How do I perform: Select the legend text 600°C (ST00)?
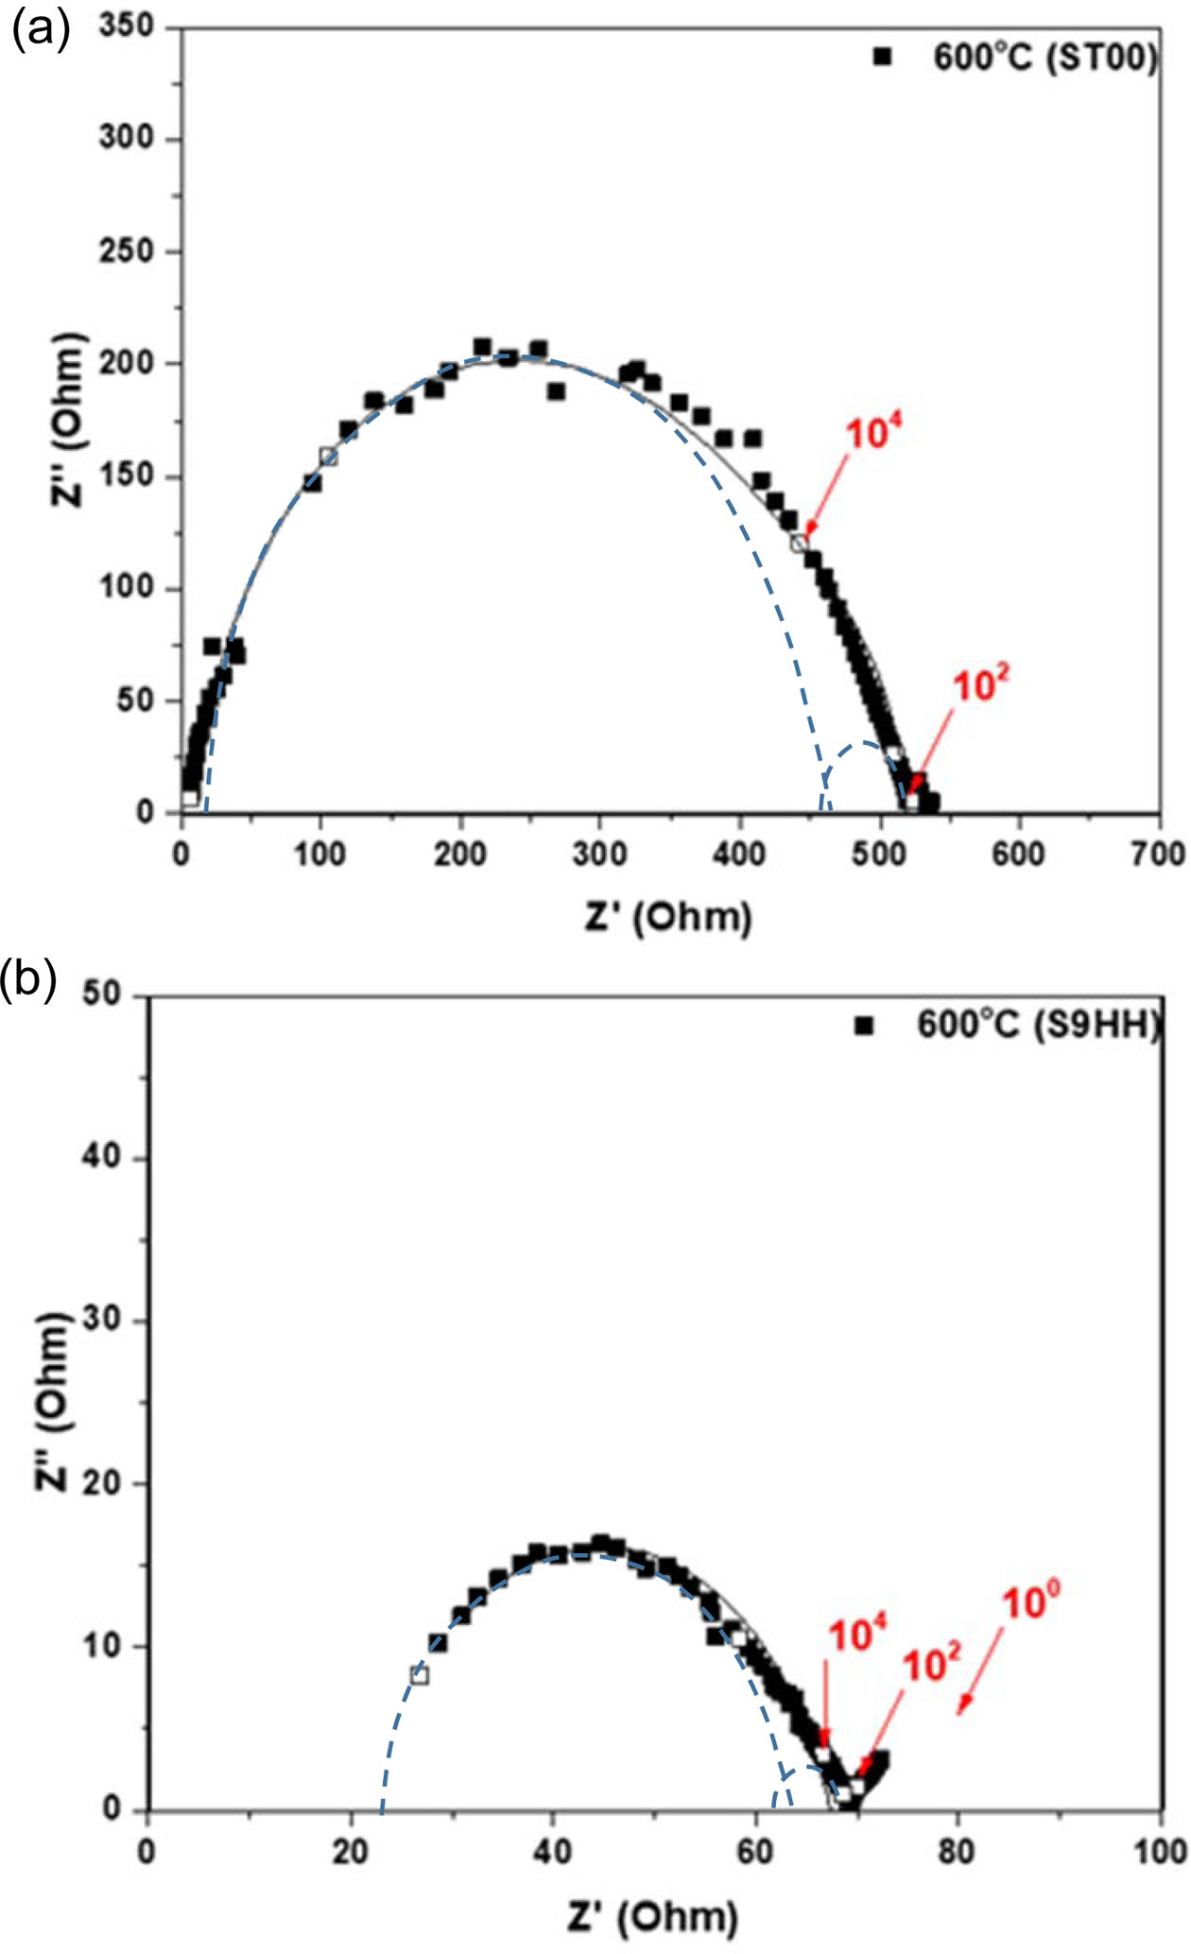pos(1044,59)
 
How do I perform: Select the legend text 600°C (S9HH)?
pos(1038,1026)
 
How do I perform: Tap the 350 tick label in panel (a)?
pos(126,26)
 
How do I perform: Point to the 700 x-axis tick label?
pos(1158,854)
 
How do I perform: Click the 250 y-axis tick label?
pos(126,251)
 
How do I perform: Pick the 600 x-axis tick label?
pos(1018,854)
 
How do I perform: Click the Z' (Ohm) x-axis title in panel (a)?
pos(668,917)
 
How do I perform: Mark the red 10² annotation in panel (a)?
pos(980,684)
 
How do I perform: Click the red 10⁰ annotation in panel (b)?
pos(1030,1601)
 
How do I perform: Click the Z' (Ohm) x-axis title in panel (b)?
pos(653,1916)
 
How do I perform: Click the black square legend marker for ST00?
pos(883,58)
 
